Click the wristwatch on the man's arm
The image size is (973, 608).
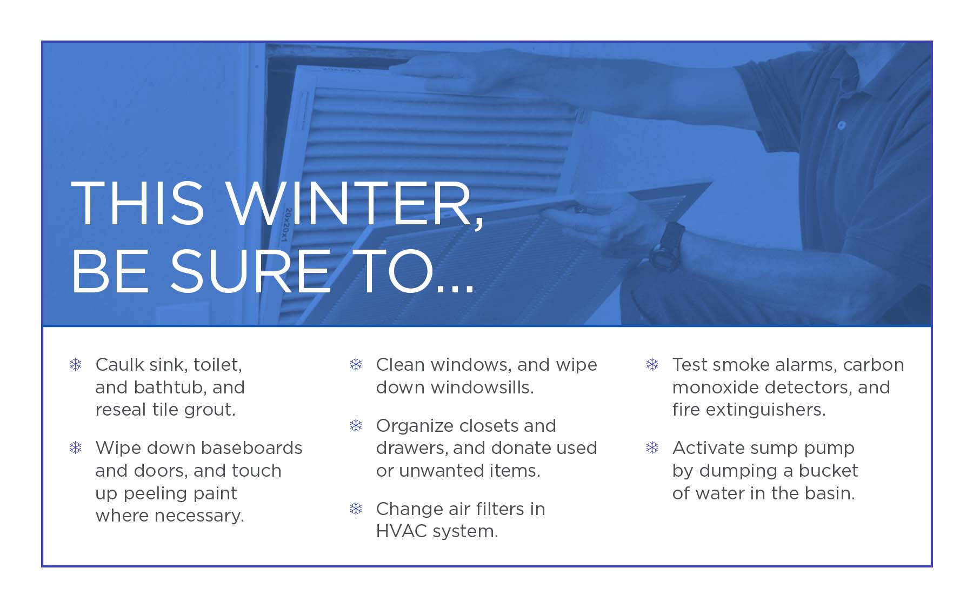pyautogui.click(x=667, y=246)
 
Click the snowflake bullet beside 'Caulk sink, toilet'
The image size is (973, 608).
pyautogui.click(x=76, y=364)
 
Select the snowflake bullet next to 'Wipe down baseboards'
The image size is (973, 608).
pyautogui.click(x=76, y=447)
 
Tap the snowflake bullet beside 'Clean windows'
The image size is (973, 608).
pyautogui.click(x=356, y=364)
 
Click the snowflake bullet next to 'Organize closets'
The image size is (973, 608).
pyautogui.click(x=356, y=426)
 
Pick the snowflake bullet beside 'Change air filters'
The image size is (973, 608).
pyautogui.click(x=356, y=509)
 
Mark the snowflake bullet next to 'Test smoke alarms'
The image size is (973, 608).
pyautogui.click(x=652, y=364)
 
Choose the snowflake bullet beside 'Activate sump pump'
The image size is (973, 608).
pyautogui.click(x=652, y=447)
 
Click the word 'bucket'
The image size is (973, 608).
pyautogui.click(x=828, y=471)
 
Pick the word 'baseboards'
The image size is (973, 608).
pyautogui.click(x=251, y=448)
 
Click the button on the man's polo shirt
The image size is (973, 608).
pyautogui.click(x=841, y=125)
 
